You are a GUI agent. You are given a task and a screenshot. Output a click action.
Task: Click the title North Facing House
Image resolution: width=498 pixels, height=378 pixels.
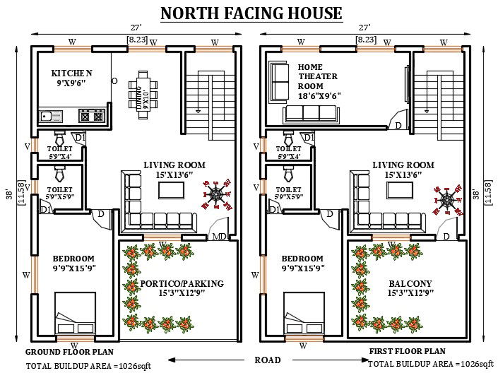click(x=251, y=13)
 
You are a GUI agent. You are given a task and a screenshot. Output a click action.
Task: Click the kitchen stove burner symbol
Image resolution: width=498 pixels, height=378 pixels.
click(x=92, y=114)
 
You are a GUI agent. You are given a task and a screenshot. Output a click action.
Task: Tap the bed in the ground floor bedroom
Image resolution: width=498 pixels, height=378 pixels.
click(x=75, y=314)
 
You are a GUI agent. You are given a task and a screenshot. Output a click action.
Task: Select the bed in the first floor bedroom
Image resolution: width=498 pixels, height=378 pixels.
click(x=304, y=314)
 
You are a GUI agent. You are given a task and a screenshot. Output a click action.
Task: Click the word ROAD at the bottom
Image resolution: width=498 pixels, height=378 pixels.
click(x=267, y=360)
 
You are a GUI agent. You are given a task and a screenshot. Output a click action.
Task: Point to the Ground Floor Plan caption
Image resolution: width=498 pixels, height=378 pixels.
click(x=69, y=351)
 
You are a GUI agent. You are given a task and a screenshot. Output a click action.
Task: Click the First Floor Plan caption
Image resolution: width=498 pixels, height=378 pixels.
click(x=407, y=351)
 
